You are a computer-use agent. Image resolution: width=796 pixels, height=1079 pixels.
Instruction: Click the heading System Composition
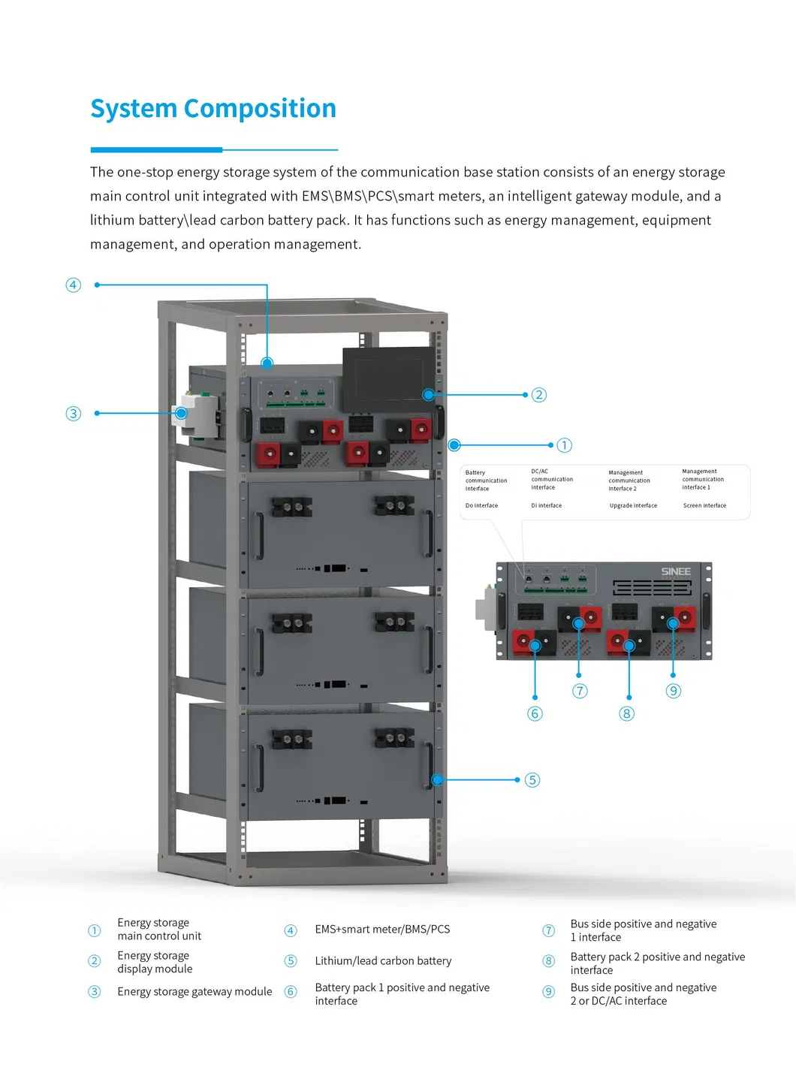[213, 109]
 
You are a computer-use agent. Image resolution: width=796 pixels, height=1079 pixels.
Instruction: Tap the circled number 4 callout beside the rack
[73, 285]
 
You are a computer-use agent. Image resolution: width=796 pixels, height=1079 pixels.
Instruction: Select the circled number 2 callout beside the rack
[538, 395]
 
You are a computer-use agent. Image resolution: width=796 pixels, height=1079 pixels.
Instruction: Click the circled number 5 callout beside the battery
[532, 780]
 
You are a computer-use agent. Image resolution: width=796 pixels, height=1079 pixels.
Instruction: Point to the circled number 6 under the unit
[535, 713]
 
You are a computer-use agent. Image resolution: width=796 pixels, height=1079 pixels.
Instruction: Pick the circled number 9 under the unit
[674, 691]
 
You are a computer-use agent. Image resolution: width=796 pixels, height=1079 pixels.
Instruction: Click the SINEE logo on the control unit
[675, 571]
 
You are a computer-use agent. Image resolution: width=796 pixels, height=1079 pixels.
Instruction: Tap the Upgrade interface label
[633, 505]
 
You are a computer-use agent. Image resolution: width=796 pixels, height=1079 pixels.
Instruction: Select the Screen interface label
[704, 505]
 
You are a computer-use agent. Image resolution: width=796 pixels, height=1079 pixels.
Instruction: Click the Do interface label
[481, 505]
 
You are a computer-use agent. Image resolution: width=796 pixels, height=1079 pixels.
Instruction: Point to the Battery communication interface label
[485, 481]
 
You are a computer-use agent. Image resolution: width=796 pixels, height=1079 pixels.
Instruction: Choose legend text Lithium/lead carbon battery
[383, 961]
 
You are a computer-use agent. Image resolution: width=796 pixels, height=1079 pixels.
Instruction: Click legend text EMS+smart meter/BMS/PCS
[382, 930]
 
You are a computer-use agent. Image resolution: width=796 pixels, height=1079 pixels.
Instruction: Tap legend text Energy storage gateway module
[194, 992]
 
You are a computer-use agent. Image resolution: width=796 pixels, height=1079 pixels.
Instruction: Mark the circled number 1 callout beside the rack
[564, 445]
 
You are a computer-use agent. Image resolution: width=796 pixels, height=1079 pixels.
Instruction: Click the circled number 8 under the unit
[626, 713]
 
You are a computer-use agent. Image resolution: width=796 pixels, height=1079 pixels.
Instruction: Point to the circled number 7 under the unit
[580, 691]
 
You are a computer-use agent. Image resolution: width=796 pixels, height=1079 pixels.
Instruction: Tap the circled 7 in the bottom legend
[549, 931]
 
